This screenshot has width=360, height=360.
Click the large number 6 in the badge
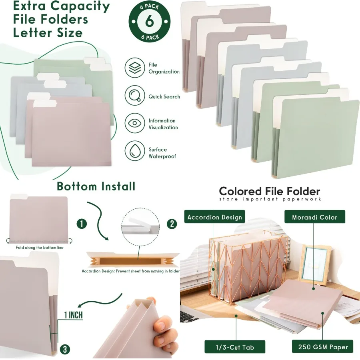[x=149, y=21]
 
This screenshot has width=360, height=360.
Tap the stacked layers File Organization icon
[x=135, y=68]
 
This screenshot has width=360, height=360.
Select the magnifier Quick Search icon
[x=135, y=96]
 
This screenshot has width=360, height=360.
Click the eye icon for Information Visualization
[x=135, y=124]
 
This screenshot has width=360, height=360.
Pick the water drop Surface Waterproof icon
[x=135, y=152]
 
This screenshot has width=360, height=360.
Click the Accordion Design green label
[x=215, y=217]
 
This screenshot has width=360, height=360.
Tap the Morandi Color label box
[x=314, y=217]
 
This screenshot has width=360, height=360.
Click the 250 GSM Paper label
[x=323, y=346]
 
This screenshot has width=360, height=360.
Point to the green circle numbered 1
[x=81, y=224]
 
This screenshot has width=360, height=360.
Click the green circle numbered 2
[x=171, y=224]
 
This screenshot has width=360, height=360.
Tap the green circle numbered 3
[x=64, y=349]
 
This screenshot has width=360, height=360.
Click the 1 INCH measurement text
[x=73, y=315]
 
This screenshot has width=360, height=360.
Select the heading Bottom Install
[x=96, y=186]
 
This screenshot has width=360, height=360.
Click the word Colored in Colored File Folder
[x=240, y=191]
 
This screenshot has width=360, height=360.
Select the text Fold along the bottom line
[x=40, y=248]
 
